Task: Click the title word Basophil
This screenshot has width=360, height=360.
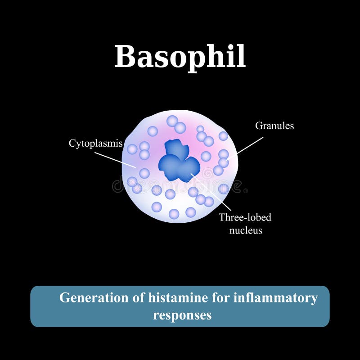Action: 180,57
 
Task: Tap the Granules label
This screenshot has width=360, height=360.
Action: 274,126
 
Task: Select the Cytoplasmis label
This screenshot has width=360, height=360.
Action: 95,144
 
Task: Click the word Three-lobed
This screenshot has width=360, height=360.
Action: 245,218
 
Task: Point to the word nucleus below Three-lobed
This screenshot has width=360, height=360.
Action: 245,230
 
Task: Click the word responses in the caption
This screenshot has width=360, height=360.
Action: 182,315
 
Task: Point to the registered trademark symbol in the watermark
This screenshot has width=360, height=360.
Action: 245,191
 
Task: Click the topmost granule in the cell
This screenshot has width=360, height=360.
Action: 172,121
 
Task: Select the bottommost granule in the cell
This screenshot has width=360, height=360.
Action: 174,214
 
